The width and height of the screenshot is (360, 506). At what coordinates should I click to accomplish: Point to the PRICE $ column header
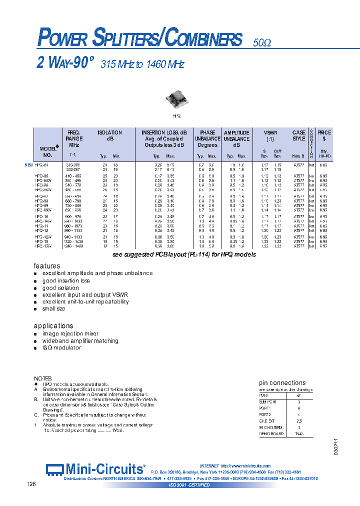[324, 135]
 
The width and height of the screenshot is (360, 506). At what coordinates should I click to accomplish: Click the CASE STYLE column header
[298, 135]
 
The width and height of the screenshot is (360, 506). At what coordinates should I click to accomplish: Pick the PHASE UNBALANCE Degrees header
[207, 139]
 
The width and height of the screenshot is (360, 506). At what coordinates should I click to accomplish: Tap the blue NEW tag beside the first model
[28, 164]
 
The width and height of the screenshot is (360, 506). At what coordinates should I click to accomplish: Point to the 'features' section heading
[47, 265]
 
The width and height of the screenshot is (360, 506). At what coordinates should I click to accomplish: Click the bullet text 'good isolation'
[60, 288]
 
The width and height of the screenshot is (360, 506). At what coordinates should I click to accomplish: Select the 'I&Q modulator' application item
[61, 348]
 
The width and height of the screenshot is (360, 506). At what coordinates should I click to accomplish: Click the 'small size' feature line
[54, 309]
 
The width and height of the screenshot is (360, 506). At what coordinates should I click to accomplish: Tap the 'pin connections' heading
[282, 382]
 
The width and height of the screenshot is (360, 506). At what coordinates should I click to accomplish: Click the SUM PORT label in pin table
[268, 401]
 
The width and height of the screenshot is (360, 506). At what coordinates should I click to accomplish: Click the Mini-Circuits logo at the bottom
[95, 469]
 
